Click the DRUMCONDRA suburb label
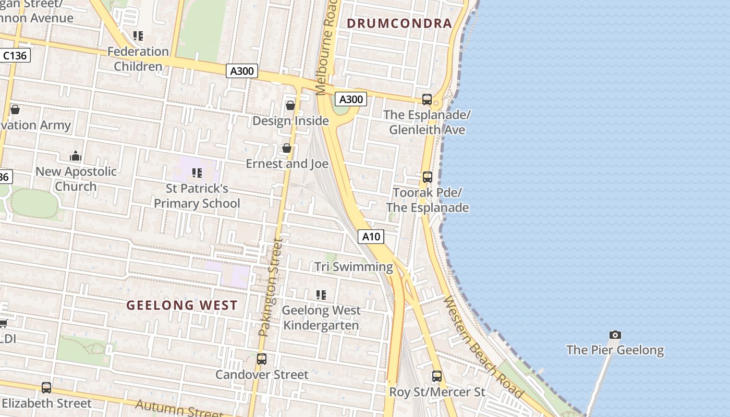[x=399, y=23]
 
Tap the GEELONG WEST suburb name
[x=182, y=305]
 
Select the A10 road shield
[x=371, y=237]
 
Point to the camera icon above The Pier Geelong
[x=615, y=335]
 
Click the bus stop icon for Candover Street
[x=262, y=359]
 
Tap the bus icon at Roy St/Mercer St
[x=437, y=376]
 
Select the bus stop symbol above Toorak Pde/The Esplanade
[x=428, y=177]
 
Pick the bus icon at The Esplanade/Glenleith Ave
[x=427, y=99]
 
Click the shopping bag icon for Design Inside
[x=290, y=105]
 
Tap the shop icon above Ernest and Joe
[x=287, y=149]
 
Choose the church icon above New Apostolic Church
[x=76, y=156]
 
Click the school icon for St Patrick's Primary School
[x=197, y=173]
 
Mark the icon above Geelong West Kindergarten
[x=321, y=295]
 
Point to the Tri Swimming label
[x=354, y=267]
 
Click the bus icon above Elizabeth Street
[x=46, y=387]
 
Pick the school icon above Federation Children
[x=138, y=36]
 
